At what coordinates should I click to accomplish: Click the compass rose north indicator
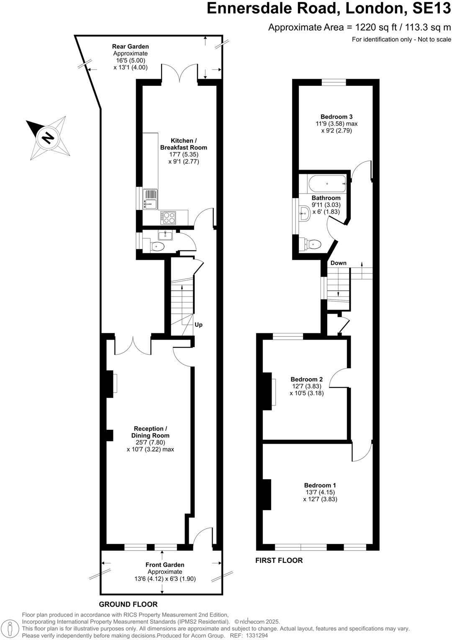(48, 137)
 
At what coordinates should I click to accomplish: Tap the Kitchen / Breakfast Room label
(183, 144)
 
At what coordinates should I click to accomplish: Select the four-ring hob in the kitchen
(169, 217)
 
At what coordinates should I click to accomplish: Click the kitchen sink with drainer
(150, 199)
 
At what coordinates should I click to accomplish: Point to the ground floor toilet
(157, 246)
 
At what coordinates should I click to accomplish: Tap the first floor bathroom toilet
(314, 244)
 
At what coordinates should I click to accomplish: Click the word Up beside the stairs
(198, 325)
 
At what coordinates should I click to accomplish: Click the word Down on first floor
(338, 263)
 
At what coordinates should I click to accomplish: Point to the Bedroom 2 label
(307, 379)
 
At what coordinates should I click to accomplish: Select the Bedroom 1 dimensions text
(320, 496)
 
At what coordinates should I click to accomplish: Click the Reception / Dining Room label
(150, 432)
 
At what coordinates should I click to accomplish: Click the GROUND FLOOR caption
(128, 604)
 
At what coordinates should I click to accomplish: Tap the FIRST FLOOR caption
(279, 560)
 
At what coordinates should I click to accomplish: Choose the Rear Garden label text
(130, 46)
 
